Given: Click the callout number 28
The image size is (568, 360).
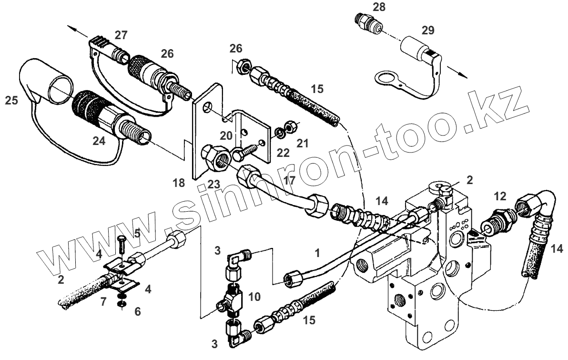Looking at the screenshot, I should click(x=379, y=7).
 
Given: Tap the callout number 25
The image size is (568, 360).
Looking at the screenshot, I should click(x=11, y=101).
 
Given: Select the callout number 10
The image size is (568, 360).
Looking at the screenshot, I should click(x=255, y=297).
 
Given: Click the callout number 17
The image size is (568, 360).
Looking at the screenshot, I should click(x=289, y=181).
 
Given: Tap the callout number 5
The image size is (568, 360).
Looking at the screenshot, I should click(x=137, y=234).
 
